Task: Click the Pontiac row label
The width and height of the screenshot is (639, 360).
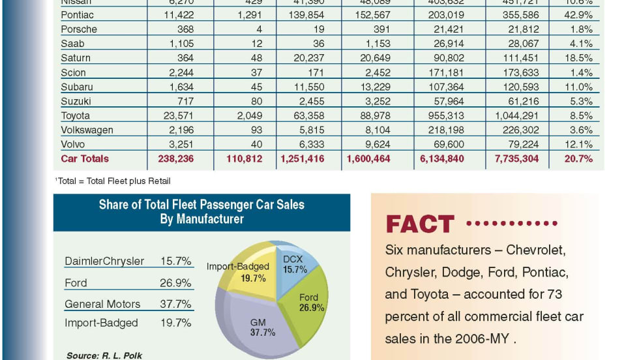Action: pyautogui.click(x=77, y=15)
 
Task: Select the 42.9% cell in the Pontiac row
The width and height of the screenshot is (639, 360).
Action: pyautogui.click(x=579, y=15)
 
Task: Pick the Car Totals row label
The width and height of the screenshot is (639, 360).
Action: pyautogui.click(x=85, y=158)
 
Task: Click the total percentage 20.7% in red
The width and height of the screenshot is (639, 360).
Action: pyautogui.click(x=579, y=158)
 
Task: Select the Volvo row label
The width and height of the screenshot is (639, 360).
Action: pyautogui.click(x=72, y=144)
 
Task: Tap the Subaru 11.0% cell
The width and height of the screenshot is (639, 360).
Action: pyautogui.click(x=579, y=87)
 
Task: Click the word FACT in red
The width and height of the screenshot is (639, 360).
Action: pyautogui.click(x=419, y=224)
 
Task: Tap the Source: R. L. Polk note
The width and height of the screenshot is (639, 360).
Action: pyautogui.click(x=104, y=355)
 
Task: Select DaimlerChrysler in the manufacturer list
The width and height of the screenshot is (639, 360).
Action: pyautogui.click(x=104, y=262)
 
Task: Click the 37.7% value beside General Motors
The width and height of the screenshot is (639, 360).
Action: pyautogui.click(x=175, y=304)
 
